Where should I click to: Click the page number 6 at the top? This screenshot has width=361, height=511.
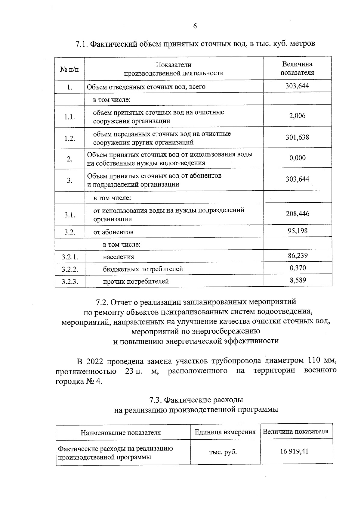[195, 26]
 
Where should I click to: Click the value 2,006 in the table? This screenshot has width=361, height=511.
[297, 116]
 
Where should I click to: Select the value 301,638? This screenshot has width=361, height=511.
[297, 137]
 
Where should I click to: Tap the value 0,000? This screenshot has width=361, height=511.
[297, 158]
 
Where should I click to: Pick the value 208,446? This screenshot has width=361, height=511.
[297, 214]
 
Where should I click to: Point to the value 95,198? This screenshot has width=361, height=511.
[297, 231]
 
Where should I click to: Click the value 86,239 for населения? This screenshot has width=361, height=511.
[297, 256]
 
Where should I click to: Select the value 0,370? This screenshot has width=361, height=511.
[297, 268]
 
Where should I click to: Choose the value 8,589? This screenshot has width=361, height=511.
[297, 280]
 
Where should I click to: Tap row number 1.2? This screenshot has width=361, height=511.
[69, 138]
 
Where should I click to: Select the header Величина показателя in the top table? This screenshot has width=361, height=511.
[297, 68]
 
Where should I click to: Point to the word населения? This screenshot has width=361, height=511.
[119, 257]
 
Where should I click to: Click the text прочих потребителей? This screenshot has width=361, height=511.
[136, 282]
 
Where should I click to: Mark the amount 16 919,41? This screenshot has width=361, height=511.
[294, 451]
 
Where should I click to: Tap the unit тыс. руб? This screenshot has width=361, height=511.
[223, 452]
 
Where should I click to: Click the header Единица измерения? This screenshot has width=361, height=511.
[225, 432]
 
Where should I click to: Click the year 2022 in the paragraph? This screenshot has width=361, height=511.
[95, 361]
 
